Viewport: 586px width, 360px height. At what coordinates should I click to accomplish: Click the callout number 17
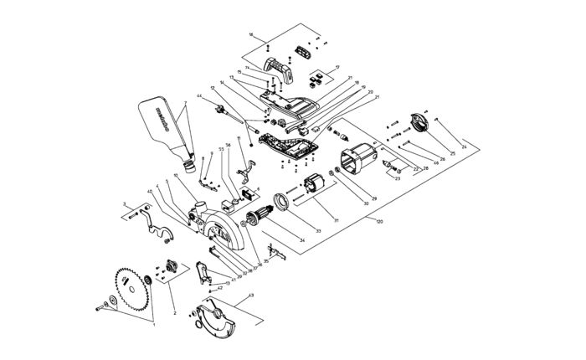pyautogui.click(x=338, y=66)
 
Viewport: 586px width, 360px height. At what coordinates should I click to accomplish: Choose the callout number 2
pyautogui.click(x=173, y=312)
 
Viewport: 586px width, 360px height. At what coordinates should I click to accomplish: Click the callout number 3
pyautogui.click(x=126, y=203)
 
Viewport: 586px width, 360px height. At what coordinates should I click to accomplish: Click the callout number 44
pyautogui.click(x=200, y=97)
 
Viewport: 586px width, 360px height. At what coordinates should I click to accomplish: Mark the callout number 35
pyautogui.click(x=265, y=263)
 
